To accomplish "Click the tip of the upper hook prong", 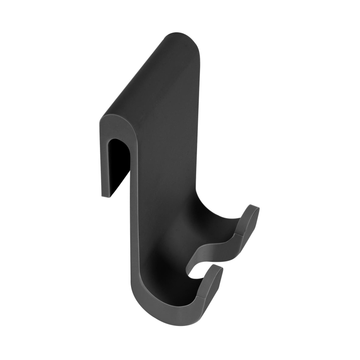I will [x=254, y=207].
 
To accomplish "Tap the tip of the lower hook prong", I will [x=218, y=269].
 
